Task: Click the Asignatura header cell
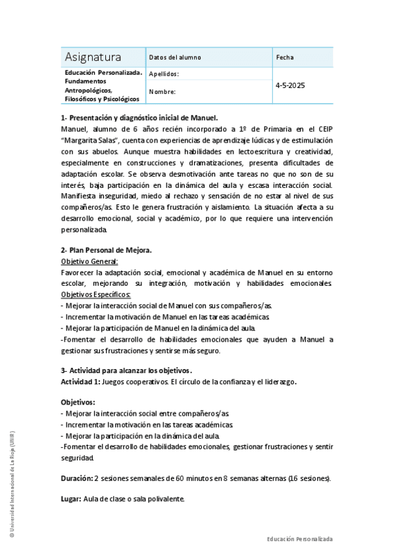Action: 93,56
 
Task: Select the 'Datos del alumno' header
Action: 175,57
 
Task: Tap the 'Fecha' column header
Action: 285,57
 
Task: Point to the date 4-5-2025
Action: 290,85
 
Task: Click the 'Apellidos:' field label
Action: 164,74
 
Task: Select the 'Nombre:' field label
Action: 162,92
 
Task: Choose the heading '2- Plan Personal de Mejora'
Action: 107,250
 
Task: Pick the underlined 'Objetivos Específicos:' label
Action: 96,295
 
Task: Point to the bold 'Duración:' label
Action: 76,478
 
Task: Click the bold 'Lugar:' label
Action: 70,499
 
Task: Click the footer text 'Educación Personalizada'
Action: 299,539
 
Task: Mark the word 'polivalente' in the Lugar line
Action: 166,499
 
